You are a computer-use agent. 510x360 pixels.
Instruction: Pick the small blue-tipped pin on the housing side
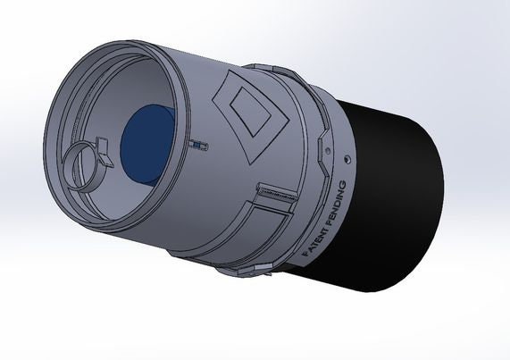pyautogui.click(x=198, y=143)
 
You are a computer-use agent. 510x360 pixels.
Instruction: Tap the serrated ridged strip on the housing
pyautogui.click(x=276, y=192)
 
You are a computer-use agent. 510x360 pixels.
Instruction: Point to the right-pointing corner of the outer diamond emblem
pyautogui.click(x=286, y=119)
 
